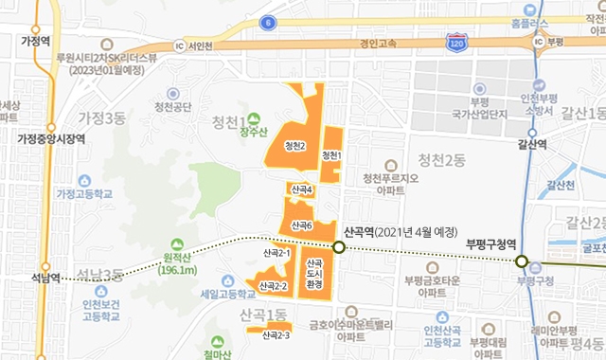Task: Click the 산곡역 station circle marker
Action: (339, 248)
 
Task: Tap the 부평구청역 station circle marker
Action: (520, 261)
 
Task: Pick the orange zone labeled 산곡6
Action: (302, 224)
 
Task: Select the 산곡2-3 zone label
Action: (275, 334)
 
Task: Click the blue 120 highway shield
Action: (456, 44)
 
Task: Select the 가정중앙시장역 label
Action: (51, 138)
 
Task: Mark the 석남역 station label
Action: (43, 279)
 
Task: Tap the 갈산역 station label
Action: (533, 144)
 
